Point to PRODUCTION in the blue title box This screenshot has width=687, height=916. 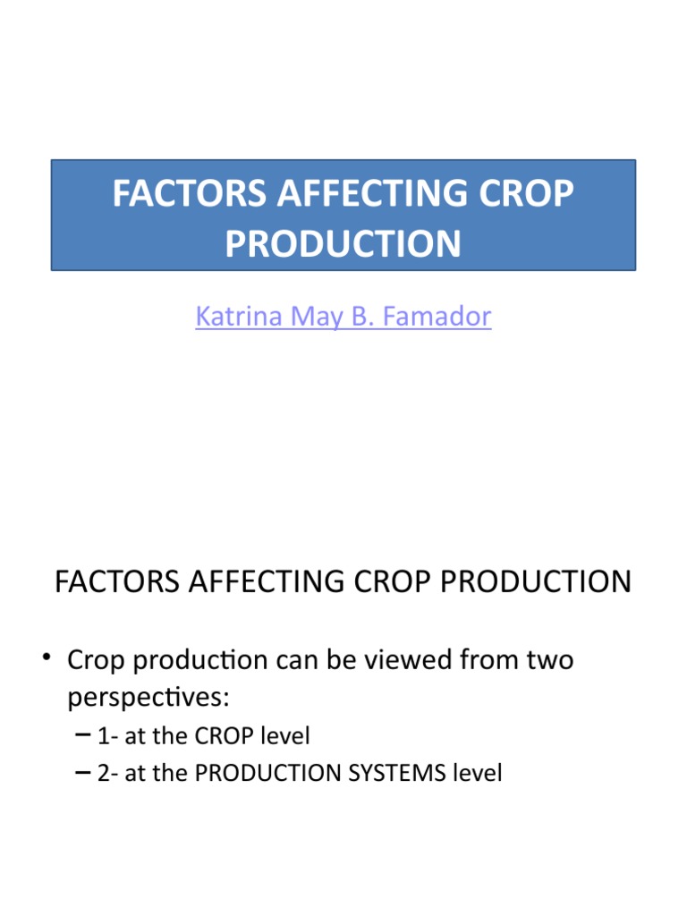point(343,243)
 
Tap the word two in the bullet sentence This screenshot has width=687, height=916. point(548,662)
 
